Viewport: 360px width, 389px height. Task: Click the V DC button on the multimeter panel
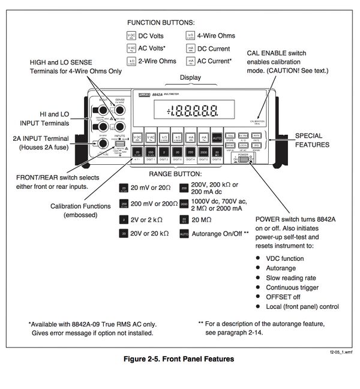(x=137, y=137)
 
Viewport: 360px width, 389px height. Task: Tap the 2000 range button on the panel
(x=203, y=152)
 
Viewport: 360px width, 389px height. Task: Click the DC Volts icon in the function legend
(x=131, y=36)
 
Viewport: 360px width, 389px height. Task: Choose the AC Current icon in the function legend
(x=190, y=61)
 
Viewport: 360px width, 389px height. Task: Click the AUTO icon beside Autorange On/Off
(x=184, y=235)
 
